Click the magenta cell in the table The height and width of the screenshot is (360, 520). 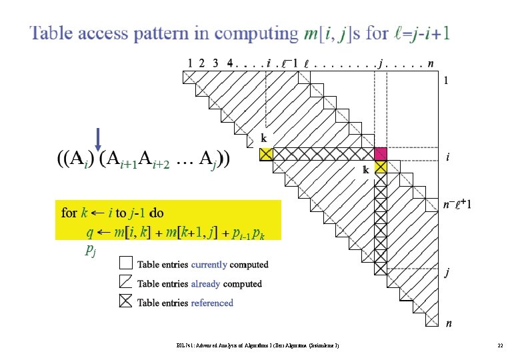tap(381, 155)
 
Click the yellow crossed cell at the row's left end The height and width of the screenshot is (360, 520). tap(265, 155)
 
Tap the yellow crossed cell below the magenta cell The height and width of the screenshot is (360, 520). tap(381, 167)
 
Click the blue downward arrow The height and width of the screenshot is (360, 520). tap(98, 139)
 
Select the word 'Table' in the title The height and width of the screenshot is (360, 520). tap(53, 33)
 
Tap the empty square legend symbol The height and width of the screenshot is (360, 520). tap(126, 264)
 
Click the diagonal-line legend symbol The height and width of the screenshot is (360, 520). tap(126, 283)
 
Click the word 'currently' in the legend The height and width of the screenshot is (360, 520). tap(209, 265)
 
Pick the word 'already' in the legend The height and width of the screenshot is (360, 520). tap(206, 284)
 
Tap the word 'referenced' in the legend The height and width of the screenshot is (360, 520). tap(212, 303)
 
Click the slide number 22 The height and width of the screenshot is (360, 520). tap(499, 345)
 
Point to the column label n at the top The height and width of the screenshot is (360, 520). tap(432, 63)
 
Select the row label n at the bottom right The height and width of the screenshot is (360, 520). tap(449, 324)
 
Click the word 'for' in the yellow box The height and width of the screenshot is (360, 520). tap(69, 213)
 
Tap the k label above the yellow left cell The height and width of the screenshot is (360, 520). tap(264, 139)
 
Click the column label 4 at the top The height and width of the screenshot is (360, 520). tap(229, 63)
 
